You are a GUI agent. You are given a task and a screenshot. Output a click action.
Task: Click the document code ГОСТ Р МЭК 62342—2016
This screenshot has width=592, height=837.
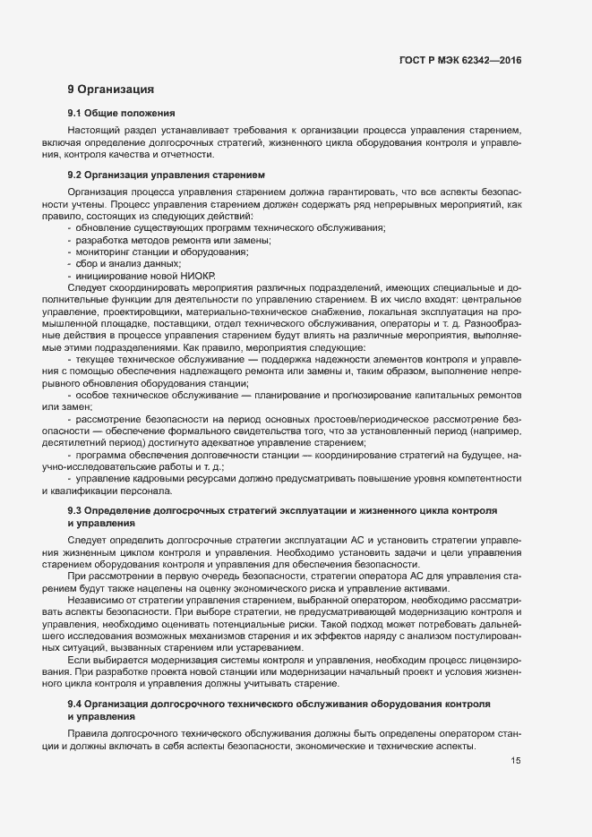coord(459,60)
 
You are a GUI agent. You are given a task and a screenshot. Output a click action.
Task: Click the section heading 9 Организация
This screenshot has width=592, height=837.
coord(111,90)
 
